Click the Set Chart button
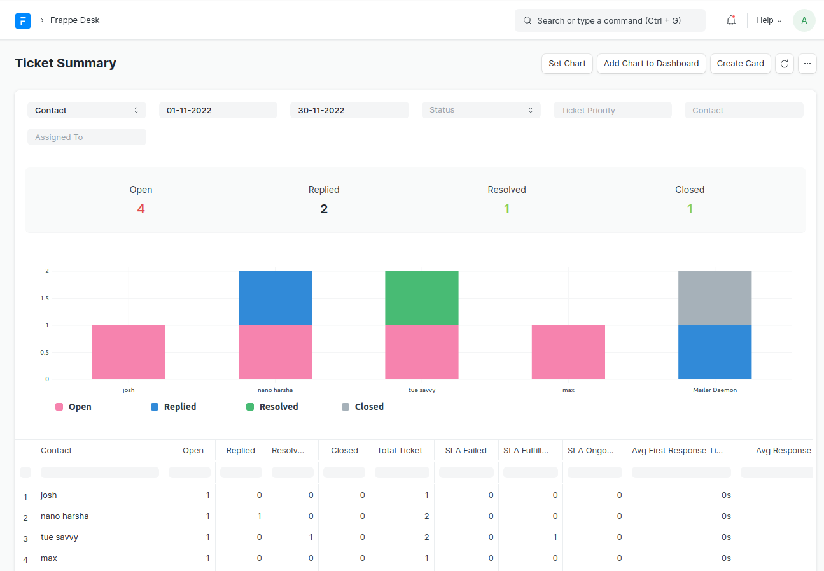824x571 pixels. (x=567, y=64)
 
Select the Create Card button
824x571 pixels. (x=740, y=64)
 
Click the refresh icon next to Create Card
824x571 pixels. (x=784, y=64)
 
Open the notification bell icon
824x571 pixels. (x=731, y=20)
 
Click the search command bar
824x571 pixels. (x=610, y=20)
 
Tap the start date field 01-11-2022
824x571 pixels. (x=218, y=110)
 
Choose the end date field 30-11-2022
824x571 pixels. (x=349, y=110)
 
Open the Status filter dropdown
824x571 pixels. (x=480, y=110)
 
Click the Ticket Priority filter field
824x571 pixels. (x=612, y=110)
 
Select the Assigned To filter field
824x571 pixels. (x=87, y=137)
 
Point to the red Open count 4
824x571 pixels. (x=141, y=209)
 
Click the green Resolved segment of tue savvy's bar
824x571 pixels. (x=421, y=298)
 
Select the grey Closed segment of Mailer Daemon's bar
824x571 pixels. (x=715, y=298)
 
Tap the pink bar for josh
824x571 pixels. (x=129, y=352)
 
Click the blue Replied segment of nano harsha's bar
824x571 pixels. (x=275, y=298)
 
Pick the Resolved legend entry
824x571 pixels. (x=272, y=407)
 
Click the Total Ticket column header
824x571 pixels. (x=400, y=450)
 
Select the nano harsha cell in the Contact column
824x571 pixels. (x=65, y=516)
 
